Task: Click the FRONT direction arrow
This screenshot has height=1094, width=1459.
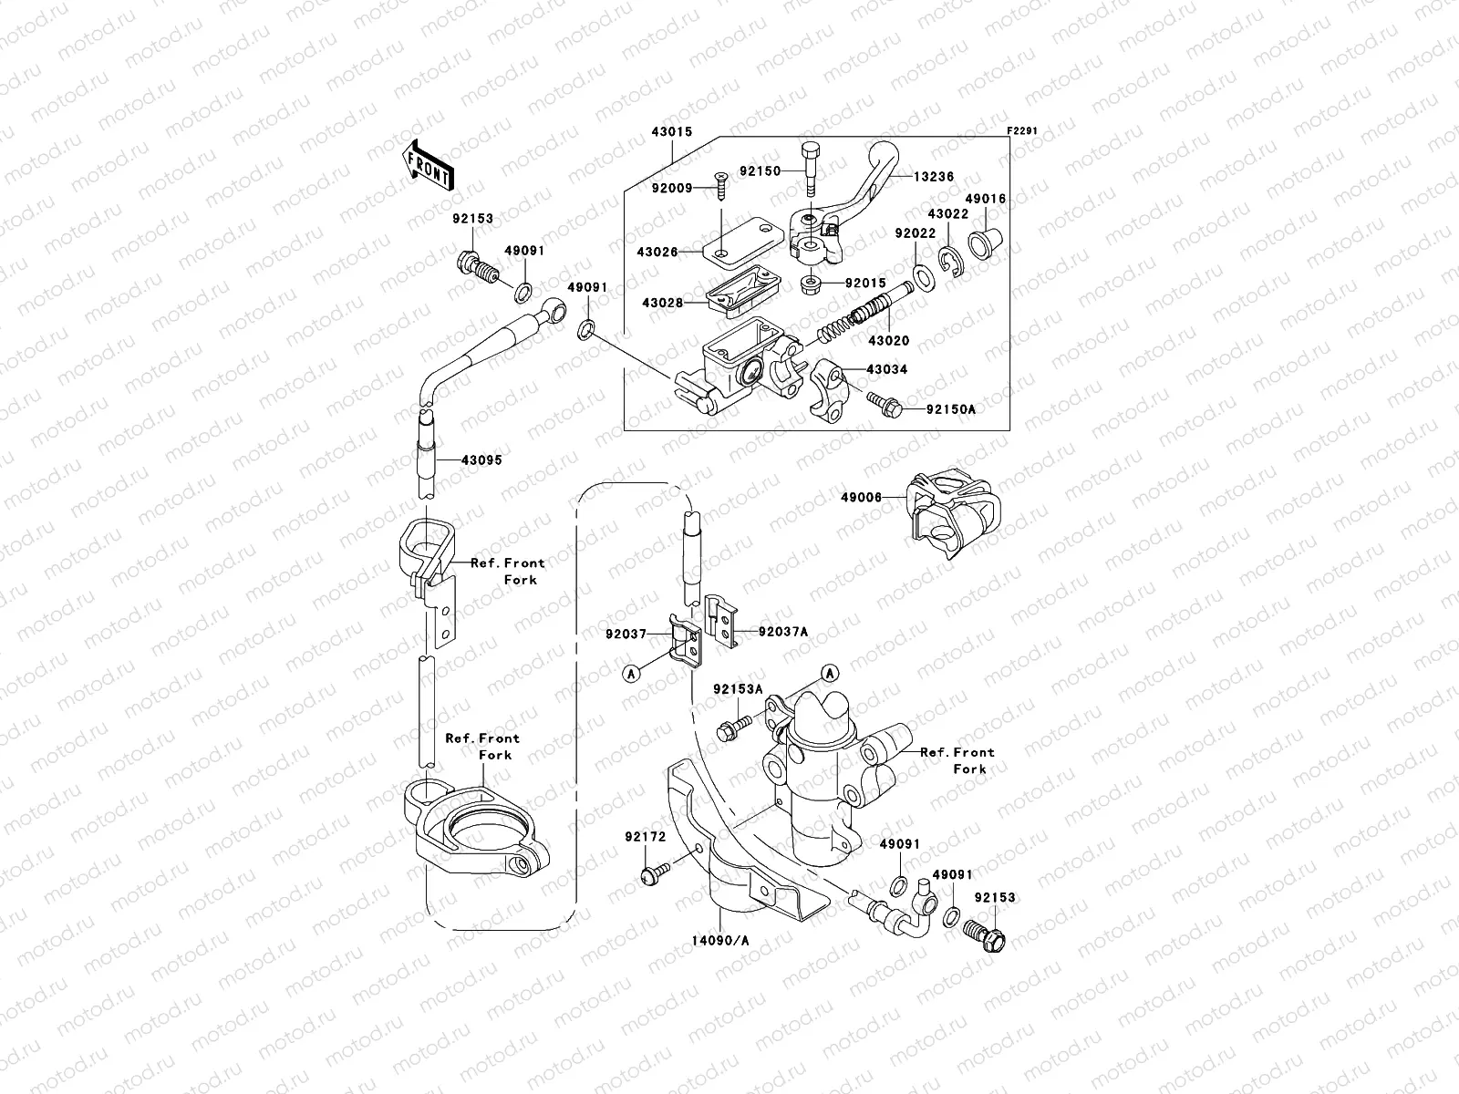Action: tap(431, 164)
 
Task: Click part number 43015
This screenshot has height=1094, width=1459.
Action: tap(671, 132)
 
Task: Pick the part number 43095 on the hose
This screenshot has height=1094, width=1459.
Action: tap(481, 460)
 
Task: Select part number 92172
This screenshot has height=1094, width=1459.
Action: tap(646, 837)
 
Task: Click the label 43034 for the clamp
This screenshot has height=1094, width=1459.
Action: tap(886, 370)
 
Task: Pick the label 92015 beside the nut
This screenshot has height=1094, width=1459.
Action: tap(864, 284)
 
